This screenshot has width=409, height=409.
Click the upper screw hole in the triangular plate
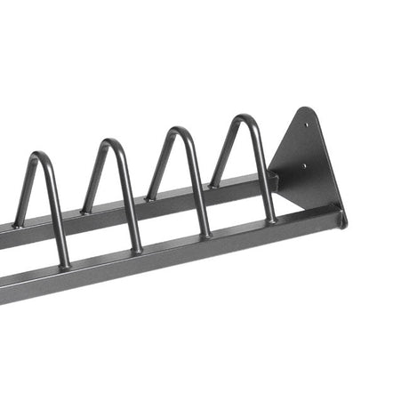click(307, 125)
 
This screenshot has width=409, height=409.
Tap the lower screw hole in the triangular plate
click(305, 164)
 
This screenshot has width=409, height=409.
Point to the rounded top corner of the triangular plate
click(307, 111)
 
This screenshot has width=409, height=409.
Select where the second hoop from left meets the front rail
click(136, 250)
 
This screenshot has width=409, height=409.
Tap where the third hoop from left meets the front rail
click(206, 236)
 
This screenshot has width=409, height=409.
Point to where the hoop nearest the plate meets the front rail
click(269, 220)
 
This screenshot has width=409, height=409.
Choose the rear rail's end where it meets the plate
click(274, 179)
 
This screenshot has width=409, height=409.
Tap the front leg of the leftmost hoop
click(55, 213)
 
